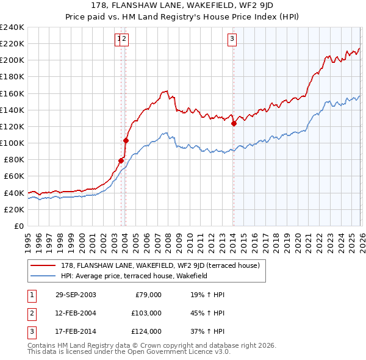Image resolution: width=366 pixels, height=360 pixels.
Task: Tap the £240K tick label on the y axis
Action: coord(12,27)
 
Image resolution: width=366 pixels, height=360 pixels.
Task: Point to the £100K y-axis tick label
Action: coord(12,143)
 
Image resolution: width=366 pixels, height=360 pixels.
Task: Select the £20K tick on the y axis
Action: coord(13,209)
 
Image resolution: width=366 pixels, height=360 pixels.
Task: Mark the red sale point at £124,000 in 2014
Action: coord(234,123)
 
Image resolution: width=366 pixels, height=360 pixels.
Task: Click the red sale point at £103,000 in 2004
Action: coord(126,140)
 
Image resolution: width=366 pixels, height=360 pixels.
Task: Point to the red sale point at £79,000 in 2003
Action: coord(121,160)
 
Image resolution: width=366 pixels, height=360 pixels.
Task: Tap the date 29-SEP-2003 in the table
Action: coord(76,295)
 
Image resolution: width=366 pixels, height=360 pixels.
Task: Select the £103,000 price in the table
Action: coord(146,313)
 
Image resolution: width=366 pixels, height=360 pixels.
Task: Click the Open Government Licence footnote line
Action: coord(129,351)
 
